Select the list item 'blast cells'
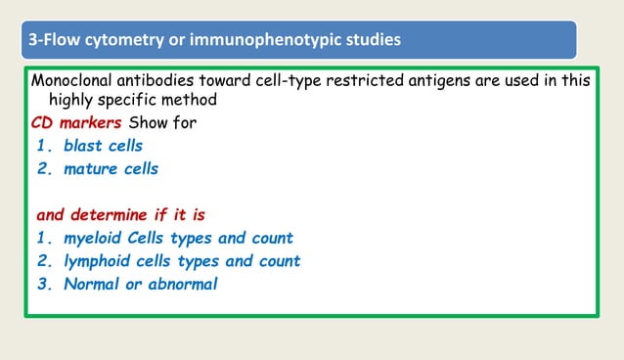(x=103, y=146)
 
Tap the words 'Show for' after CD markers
(x=160, y=123)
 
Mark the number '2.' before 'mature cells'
(x=44, y=168)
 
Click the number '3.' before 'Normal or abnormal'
(x=44, y=284)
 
